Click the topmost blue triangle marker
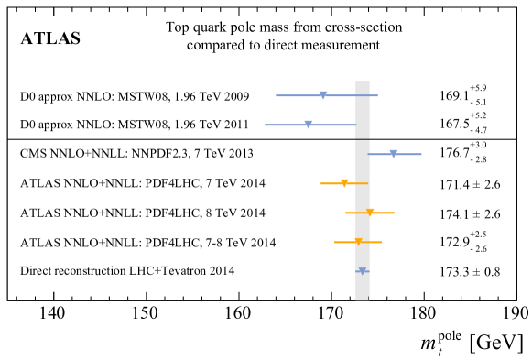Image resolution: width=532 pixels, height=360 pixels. tap(323, 95)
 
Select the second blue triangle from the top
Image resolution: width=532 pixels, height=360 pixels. tap(309, 125)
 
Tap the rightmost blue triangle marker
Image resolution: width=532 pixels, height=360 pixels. tap(394, 154)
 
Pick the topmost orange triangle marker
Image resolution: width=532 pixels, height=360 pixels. tap(344, 183)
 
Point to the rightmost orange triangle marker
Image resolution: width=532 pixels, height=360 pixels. tap(370, 213)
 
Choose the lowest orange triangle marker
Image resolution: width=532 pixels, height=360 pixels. tap(358, 242)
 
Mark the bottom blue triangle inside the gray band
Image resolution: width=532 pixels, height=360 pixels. tap(363, 271)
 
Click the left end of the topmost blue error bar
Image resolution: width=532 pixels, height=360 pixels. tap(277, 95)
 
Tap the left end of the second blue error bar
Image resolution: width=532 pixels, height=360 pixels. tap(266, 125)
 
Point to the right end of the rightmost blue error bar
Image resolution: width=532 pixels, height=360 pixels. tap(421, 154)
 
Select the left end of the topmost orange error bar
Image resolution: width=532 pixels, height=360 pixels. tap(321, 183)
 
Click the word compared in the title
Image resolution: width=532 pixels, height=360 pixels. tap(216, 46)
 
